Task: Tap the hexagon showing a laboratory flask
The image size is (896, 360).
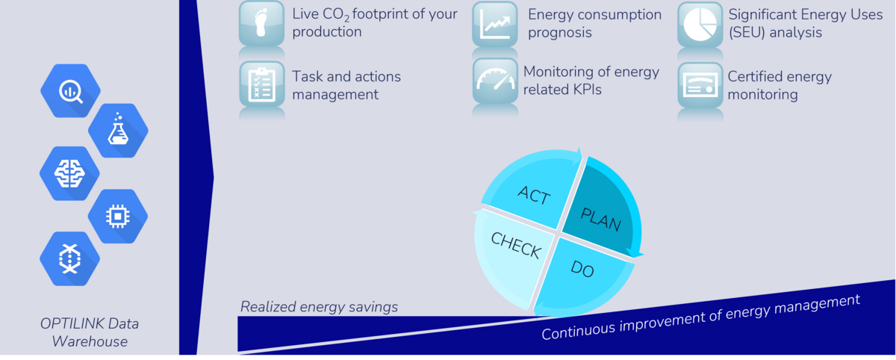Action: click(x=118, y=131)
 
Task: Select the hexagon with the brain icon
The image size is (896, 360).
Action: click(x=70, y=174)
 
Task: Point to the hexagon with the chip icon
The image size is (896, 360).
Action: click(x=118, y=217)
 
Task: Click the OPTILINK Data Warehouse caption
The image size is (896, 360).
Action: click(x=90, y=332)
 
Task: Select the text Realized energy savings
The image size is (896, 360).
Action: click(x=319, y=307)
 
